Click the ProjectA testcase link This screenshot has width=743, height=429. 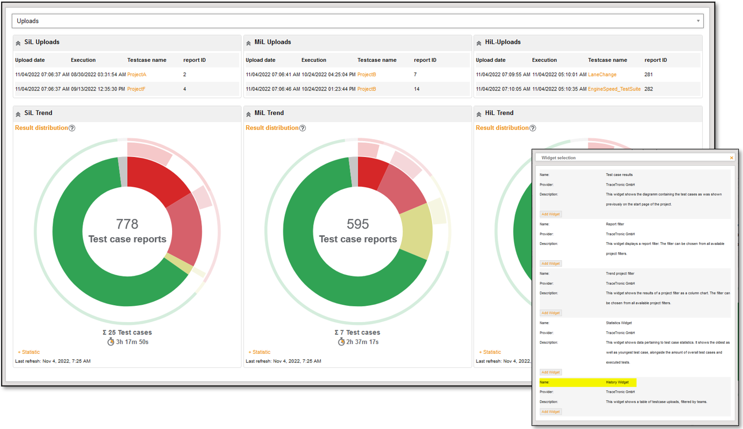point(137,75)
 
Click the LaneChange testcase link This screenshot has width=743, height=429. point(602,75)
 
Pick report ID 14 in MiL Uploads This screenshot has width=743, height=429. point(417,89)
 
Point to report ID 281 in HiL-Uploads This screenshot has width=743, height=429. point(649,75)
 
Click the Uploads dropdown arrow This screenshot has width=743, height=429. point(698,21)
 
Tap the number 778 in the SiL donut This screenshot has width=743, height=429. point(127,224)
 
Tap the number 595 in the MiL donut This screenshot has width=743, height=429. point(357,224)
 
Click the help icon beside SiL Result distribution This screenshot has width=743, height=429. point(72,128)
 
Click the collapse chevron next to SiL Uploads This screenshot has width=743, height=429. point(18,43)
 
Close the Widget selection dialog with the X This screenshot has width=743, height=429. point(731,158)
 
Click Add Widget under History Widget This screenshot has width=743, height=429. point(551,412)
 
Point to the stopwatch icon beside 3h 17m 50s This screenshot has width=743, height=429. point(111,342)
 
